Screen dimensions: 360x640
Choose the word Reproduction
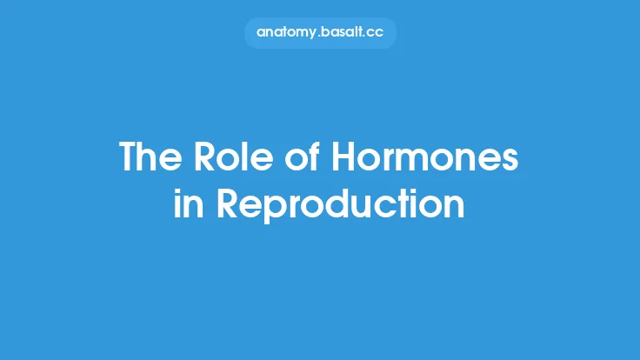tap(341, 205)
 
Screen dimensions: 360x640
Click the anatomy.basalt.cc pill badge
tap(319, 32)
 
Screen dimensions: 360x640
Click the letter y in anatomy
tap(314, 34)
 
